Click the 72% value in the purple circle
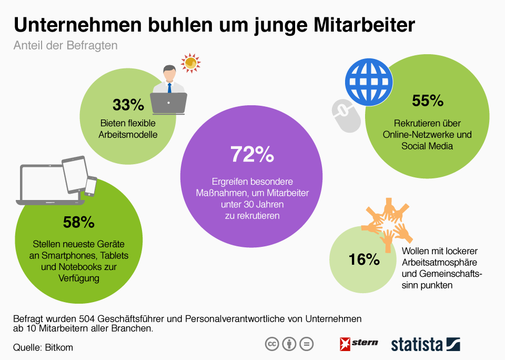coord(252,155)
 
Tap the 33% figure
coord(128,105)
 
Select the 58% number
coord(78,223)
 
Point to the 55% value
coord(428,101)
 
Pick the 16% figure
coord(363,259)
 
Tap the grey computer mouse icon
coord(346,115)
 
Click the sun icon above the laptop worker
coord(190,63)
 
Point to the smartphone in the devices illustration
coord(91,186)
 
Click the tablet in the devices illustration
coord(74,174)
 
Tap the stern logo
coord(359,344)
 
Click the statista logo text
coord(417,345)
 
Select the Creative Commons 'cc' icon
coord(271,344)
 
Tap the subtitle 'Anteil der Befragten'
coord(65,46)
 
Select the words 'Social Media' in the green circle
coord(427,145)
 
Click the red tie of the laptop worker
coord(170,87)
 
